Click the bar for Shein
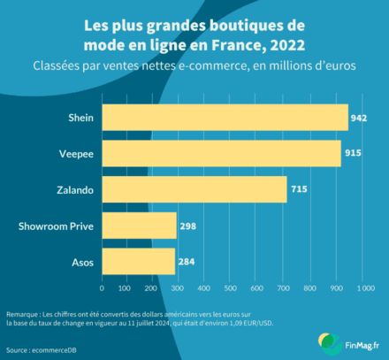225,118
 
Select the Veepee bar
221,154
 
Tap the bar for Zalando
194,190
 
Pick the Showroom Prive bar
139,226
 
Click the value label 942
358,118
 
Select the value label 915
351,154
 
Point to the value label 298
187,226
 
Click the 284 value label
185,262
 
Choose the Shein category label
81,118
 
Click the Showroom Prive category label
56,226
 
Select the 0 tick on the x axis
103,288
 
